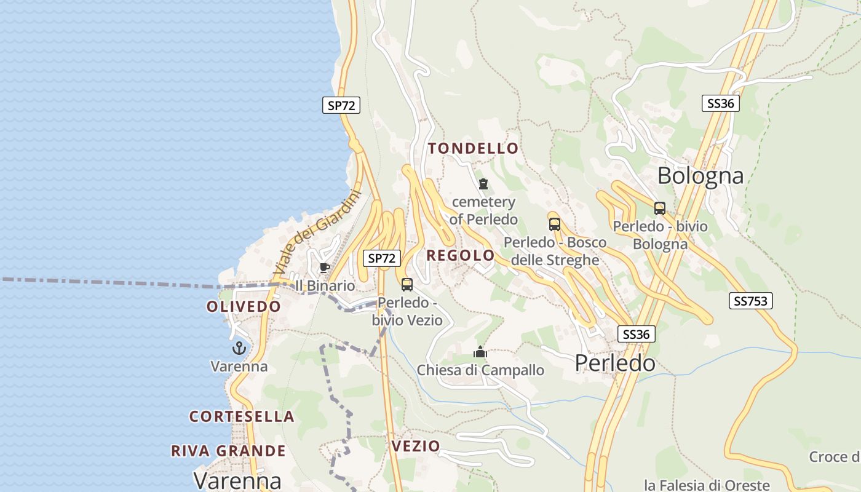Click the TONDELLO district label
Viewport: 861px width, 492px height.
[474, 148]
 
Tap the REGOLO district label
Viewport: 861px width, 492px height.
[461, 255]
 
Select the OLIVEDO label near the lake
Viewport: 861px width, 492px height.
[244, 306]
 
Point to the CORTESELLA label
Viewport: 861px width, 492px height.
[242, 416]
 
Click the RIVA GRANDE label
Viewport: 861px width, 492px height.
[228, 451]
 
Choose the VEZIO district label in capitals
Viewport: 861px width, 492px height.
[416, 446]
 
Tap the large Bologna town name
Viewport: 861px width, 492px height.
[700, 176]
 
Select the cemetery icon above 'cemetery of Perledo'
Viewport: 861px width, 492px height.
[483, 184]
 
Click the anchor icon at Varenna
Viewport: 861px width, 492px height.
[239, 349]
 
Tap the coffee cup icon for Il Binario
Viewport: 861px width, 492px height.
[324, 268]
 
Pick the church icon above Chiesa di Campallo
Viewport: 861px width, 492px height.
[480, 352]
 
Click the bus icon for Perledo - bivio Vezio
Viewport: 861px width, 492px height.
[407, 284]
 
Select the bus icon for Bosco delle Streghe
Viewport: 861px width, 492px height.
[555, 224]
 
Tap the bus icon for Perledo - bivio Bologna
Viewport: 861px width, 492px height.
[660, 208]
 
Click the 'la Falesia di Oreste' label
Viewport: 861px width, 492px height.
[707, 485]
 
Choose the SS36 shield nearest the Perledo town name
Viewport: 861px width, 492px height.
[636, 334]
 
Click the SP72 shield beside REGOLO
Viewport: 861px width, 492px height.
[381, 258]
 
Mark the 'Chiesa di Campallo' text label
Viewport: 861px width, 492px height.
[480, 370]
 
